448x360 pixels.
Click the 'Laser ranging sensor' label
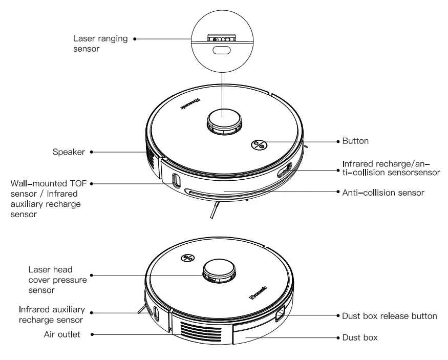tap(100, 44)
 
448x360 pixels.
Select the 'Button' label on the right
tap(355, 141)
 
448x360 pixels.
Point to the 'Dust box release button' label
tap(390, 316)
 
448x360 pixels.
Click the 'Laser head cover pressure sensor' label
tap(57, 279)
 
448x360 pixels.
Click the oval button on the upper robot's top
tap(259, 145)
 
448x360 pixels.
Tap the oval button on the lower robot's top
tap(188, 258)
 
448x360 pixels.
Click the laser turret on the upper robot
tap(224, 121)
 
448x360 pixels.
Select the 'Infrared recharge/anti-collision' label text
tap(391, 168)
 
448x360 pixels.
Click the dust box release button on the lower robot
tap(281, 314)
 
